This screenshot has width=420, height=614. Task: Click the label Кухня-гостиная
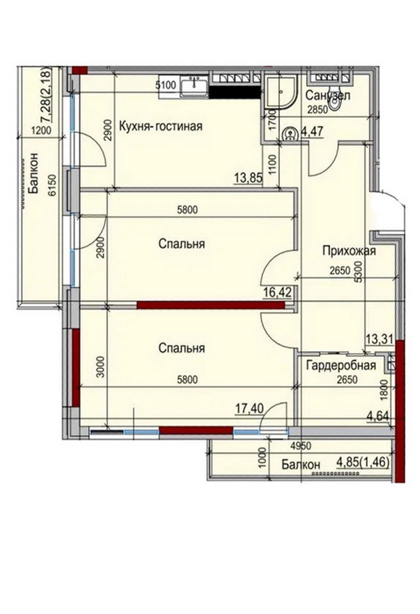160,127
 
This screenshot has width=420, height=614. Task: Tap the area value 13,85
248,178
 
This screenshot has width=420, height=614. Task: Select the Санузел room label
328,95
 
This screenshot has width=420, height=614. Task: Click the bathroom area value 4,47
312,131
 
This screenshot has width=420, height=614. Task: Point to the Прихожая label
349,250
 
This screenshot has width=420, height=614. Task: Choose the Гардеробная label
341,365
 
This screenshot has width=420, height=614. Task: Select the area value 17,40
249,409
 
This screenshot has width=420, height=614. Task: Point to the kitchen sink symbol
194,86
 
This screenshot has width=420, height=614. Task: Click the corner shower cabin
280,92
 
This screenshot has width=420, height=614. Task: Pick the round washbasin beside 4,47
290,133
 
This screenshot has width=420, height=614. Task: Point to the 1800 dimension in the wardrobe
384,390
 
